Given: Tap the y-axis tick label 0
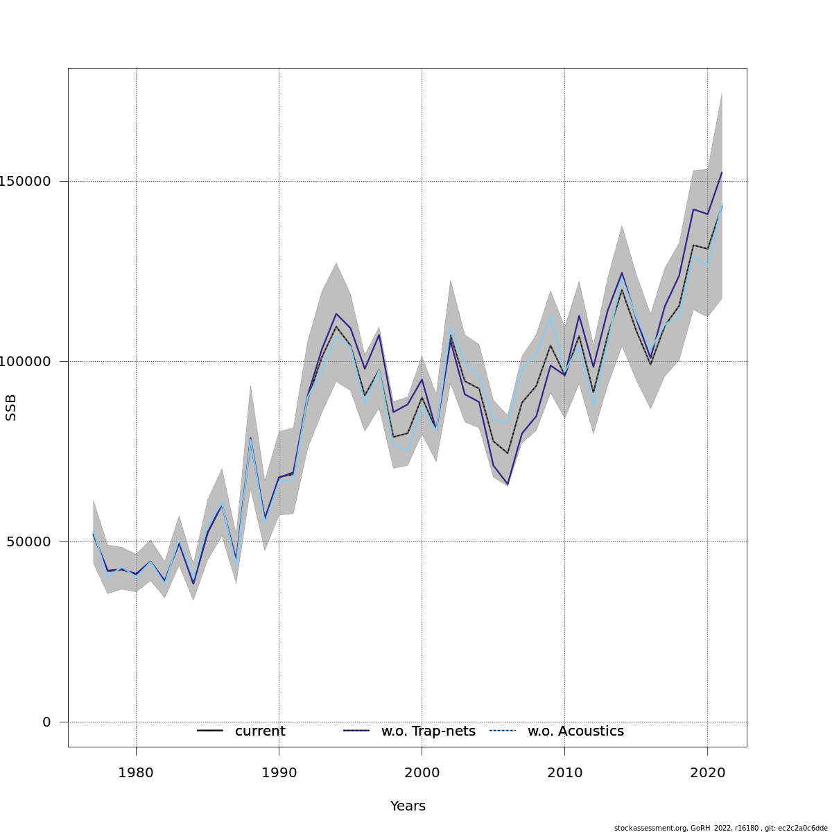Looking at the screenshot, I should [46, 722].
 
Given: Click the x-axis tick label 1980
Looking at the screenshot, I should [136, 772].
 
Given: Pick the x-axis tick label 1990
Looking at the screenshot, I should [279, 772].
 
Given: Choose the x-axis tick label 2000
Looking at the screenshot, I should [422, 772].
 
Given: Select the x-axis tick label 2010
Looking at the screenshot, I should [564, 772].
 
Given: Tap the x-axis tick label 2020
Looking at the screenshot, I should [707, 772].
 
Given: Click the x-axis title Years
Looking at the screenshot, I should [408, 806].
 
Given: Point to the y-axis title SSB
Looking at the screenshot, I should [11, 408].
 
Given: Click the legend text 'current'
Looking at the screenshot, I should [260, 731].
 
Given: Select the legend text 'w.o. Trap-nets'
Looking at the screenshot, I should [428, 731].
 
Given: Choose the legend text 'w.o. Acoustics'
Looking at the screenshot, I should [575, 731].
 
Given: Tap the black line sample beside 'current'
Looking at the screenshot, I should [210, 731].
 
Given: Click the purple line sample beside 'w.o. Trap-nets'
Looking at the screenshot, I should [356, 731].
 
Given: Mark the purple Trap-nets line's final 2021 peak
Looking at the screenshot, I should [722, 173].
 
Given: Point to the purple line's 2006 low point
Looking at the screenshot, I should [508, 484].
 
